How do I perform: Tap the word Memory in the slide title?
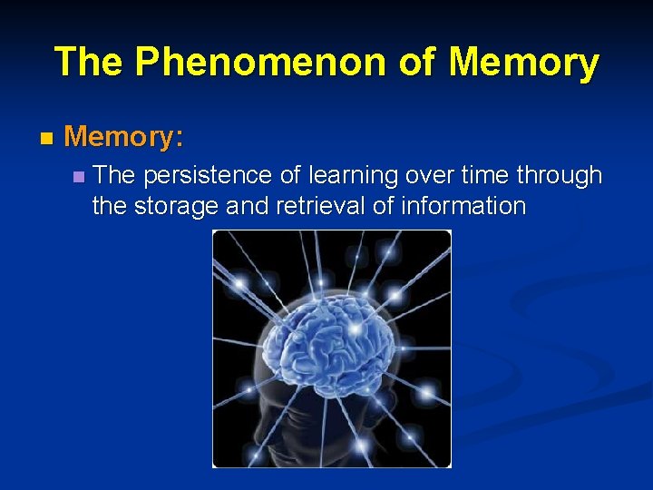pos(523,63)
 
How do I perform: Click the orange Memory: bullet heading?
pos(124,137)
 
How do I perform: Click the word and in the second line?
pos(248,206)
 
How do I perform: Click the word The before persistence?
pos(113,174)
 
